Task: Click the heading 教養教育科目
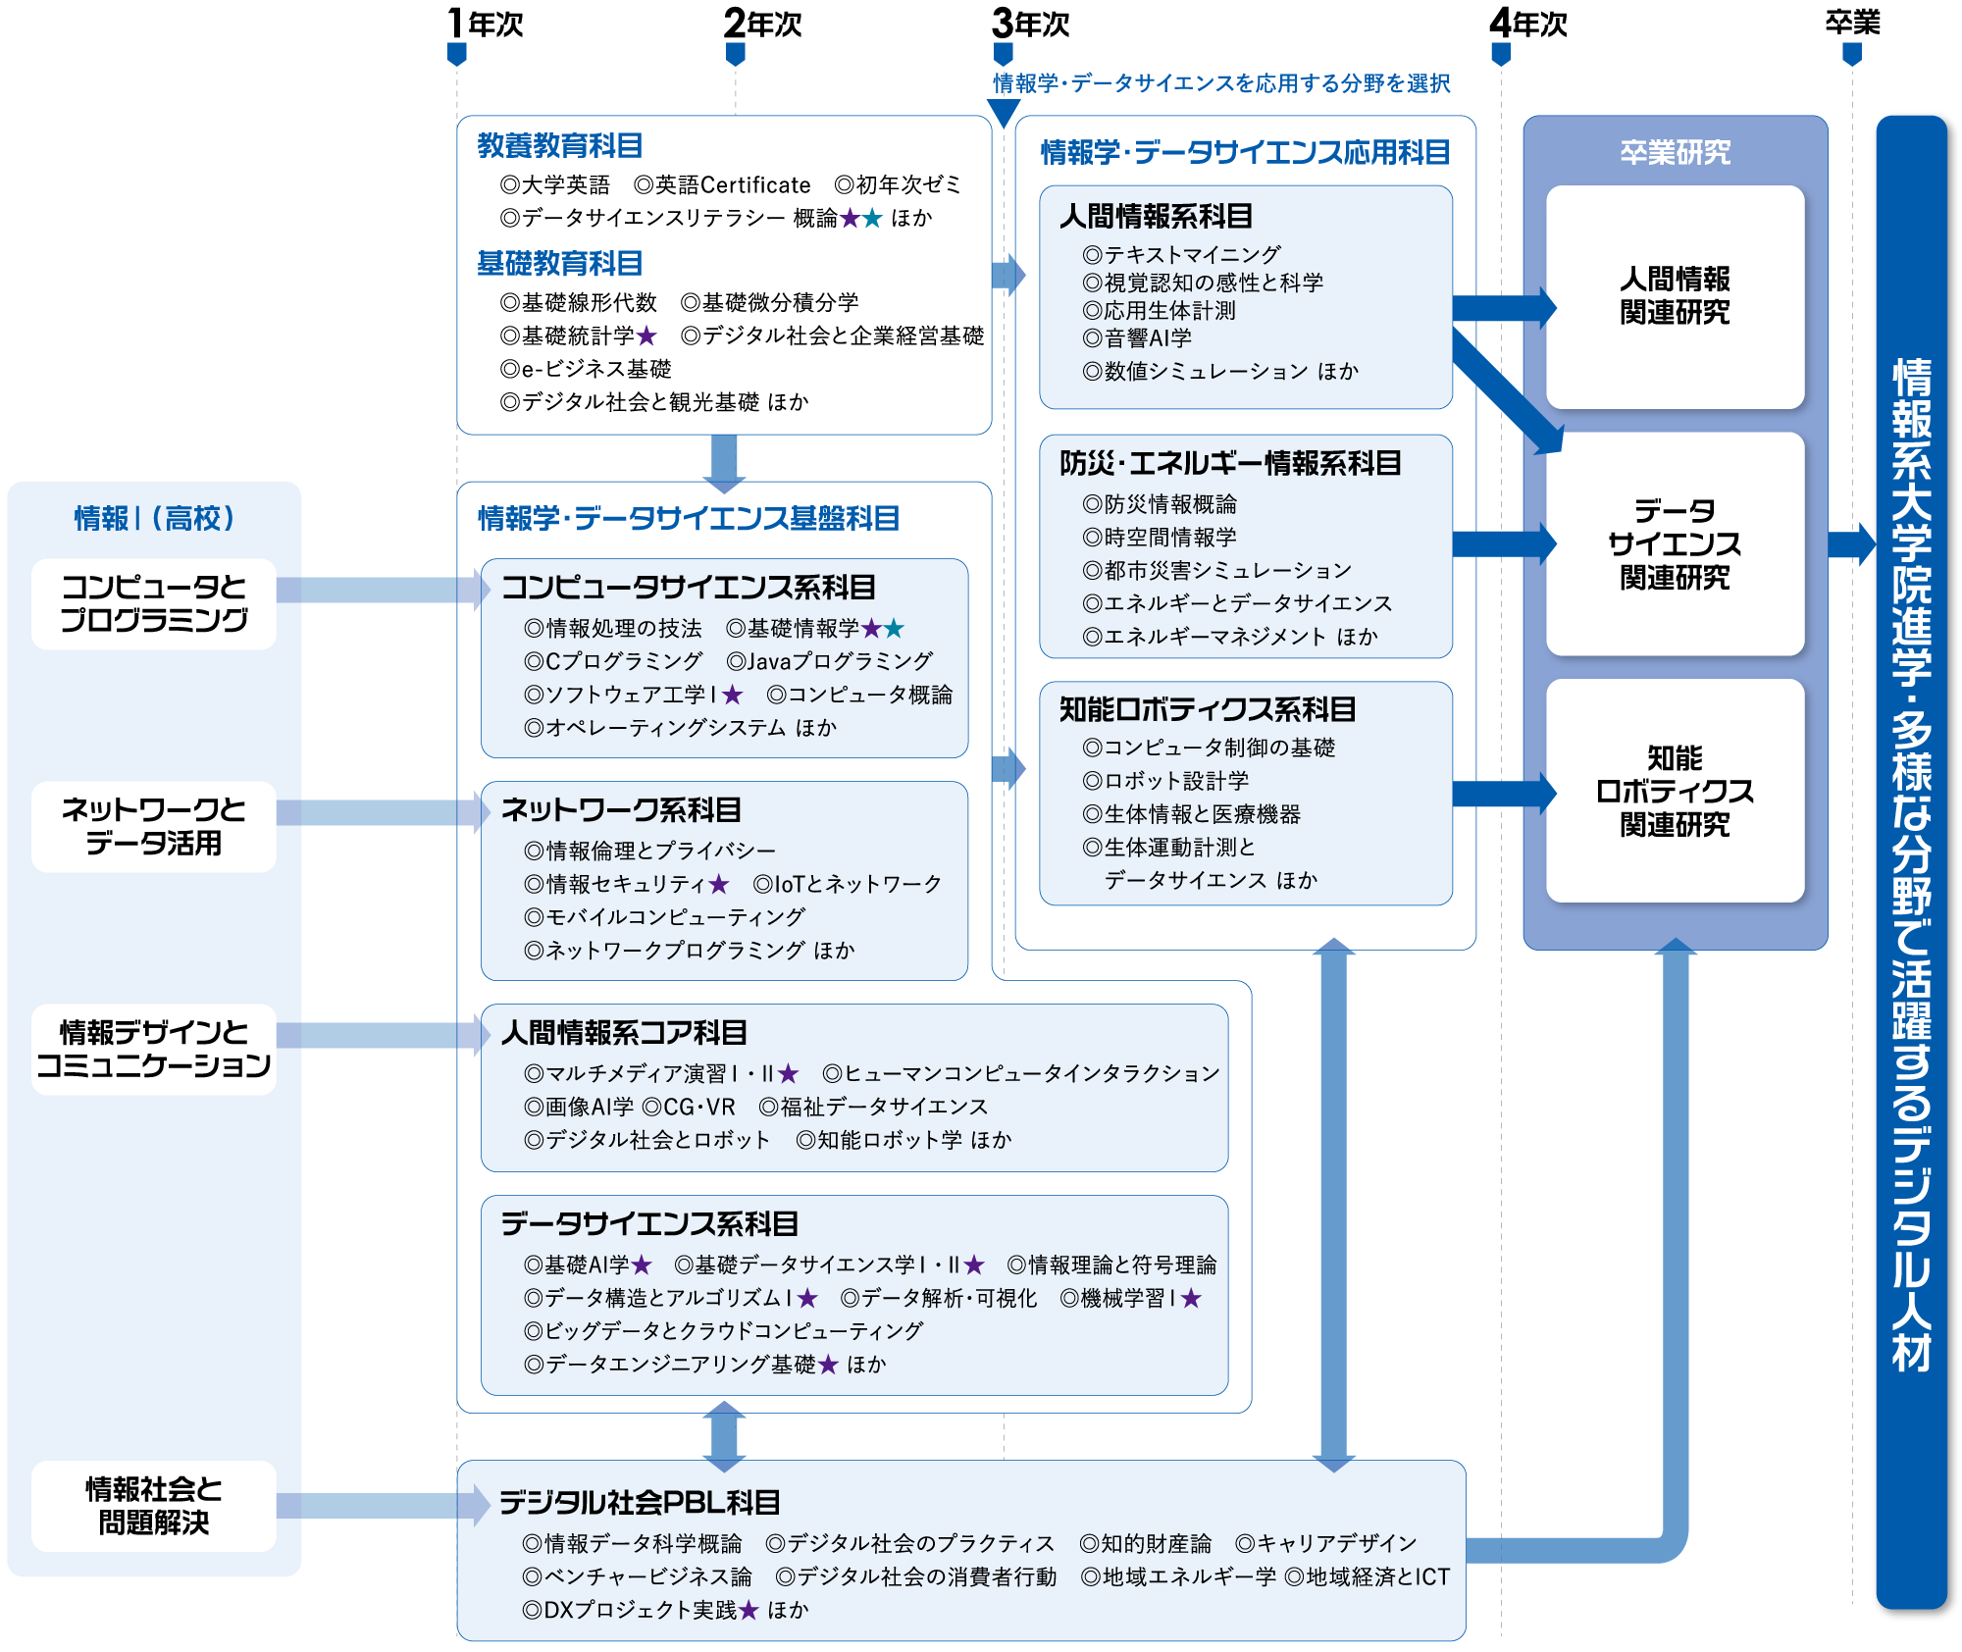coord(559,146)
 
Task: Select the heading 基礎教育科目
coord(559,264)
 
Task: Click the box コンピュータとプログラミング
coord(154,603)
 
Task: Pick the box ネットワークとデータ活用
coord(154,826)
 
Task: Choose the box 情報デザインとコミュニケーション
coord(154,1049)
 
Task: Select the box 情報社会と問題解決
coord(154,1506)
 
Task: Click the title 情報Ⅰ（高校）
coord(154,518)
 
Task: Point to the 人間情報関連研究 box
coord(1675,296)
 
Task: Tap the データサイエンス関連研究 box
coord(1675,543)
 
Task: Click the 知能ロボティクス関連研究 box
coord(1675,791)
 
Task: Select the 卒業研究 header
coord(1675,152)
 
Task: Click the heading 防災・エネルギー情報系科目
coord(1230,463)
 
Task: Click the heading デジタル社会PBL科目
coord(640,1503)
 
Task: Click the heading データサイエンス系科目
coord(649,1224)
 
